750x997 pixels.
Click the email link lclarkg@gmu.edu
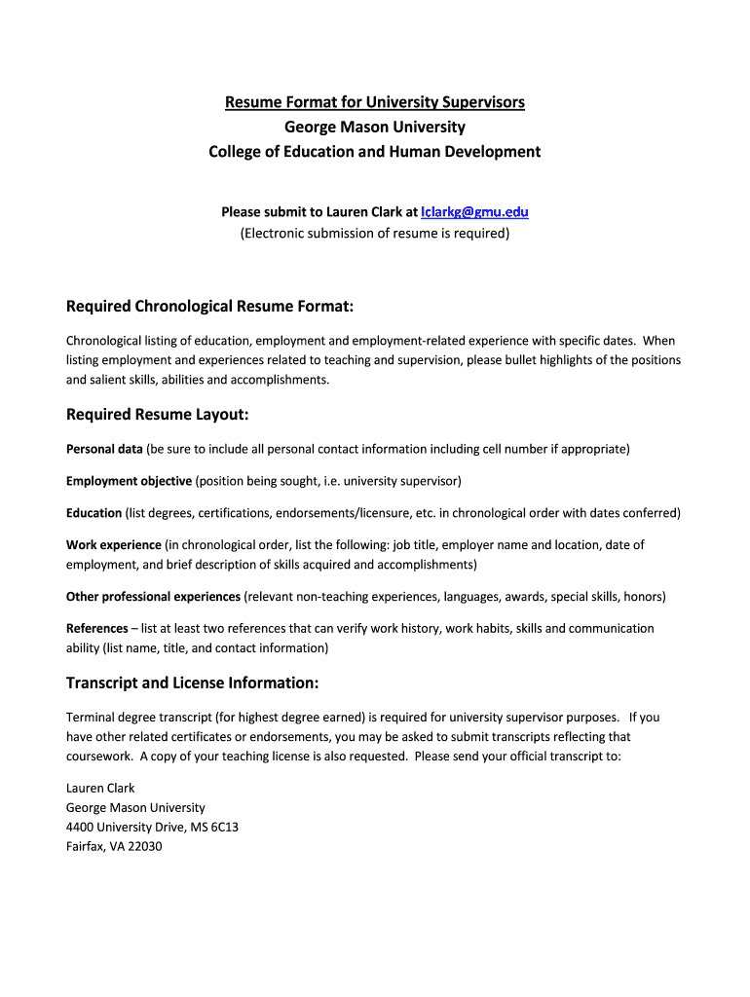[474, 211]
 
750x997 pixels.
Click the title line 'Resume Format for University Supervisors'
[375, 101]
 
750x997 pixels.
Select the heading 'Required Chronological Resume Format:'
[209, 307]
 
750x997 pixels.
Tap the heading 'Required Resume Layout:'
[158, 415]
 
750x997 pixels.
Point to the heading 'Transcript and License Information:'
[192, 682]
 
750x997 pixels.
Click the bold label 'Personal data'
[104, 449]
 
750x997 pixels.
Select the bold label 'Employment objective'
[129, 481]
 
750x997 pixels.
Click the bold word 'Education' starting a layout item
[94, 513]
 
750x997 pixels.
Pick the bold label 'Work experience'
[113, 545]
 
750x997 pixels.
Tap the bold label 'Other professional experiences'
[153, 596]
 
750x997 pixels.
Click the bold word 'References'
[96, 628]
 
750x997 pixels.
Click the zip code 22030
[143, 846]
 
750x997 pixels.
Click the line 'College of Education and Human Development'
[375, 152]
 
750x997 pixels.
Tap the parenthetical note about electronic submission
[375, 233]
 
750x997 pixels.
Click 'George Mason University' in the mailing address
[135, 807]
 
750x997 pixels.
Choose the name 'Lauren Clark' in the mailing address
[100, 788]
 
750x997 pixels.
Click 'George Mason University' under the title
[375, 127]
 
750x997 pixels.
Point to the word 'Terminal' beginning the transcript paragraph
[91, 718]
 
